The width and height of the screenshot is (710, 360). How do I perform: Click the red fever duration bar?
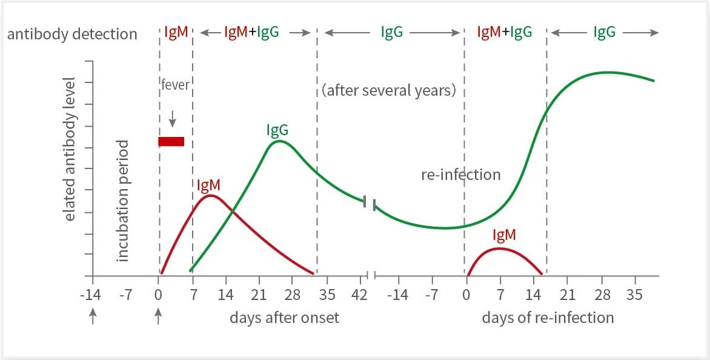click(171, 142)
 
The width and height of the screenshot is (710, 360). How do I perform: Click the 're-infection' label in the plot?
click(460, 175)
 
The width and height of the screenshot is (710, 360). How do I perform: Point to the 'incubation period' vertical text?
click(124, 201)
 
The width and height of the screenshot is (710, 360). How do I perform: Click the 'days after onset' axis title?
click(284, 318)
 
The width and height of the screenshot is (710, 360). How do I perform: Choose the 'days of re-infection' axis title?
click(548, 318)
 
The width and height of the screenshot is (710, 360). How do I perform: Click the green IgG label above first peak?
click(277, 130)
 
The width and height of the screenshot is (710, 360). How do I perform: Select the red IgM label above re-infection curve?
click(504, 235)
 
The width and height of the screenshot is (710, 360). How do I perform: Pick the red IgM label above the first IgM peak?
click(208, 185)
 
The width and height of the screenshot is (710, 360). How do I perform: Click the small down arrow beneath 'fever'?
click(173, 118)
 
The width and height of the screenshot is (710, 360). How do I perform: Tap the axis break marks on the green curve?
click(370, 204)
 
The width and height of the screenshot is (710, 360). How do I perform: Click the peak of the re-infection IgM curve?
click(499, 248)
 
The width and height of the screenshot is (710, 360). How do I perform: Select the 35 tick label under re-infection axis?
click(635, 295)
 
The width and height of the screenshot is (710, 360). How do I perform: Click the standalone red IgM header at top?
click(176, 33)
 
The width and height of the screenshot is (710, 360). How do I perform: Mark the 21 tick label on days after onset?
click(259, 295)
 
